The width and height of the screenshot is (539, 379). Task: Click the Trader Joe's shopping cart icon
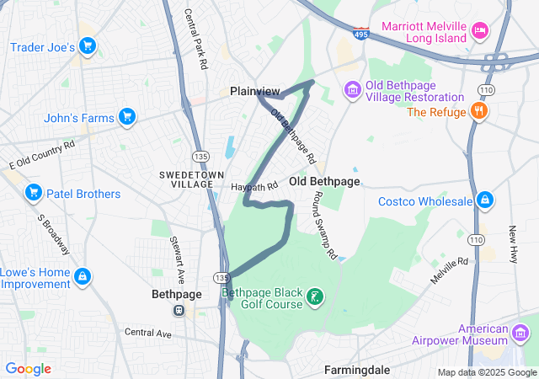(x=87, y=46)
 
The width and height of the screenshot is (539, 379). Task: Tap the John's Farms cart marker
(x=127, y=116)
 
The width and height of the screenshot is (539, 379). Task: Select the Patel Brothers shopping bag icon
(x=34, y=193)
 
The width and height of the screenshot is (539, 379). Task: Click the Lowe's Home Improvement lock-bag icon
(x=83, y=275)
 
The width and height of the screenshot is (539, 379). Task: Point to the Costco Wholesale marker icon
(x=484, y=200)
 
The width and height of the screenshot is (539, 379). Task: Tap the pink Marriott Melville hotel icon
(x=479, y=31)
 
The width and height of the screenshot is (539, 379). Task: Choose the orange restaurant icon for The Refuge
(x=479, y=111)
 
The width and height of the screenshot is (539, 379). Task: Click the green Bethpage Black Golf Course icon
(x=313, y=296)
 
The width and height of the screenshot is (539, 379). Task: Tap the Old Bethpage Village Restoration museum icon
(x=352, y=89)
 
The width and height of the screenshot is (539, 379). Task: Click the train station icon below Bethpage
(x=179, y=310)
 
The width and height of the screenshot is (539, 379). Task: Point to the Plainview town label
(x=255, y=91)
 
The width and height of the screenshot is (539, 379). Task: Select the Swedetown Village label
(x=186, y=178)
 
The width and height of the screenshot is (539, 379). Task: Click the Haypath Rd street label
(x=254, y=186)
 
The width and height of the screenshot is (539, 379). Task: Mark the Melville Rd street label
(x=450, y=270)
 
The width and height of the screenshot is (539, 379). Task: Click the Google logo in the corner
(x=28, y=369)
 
